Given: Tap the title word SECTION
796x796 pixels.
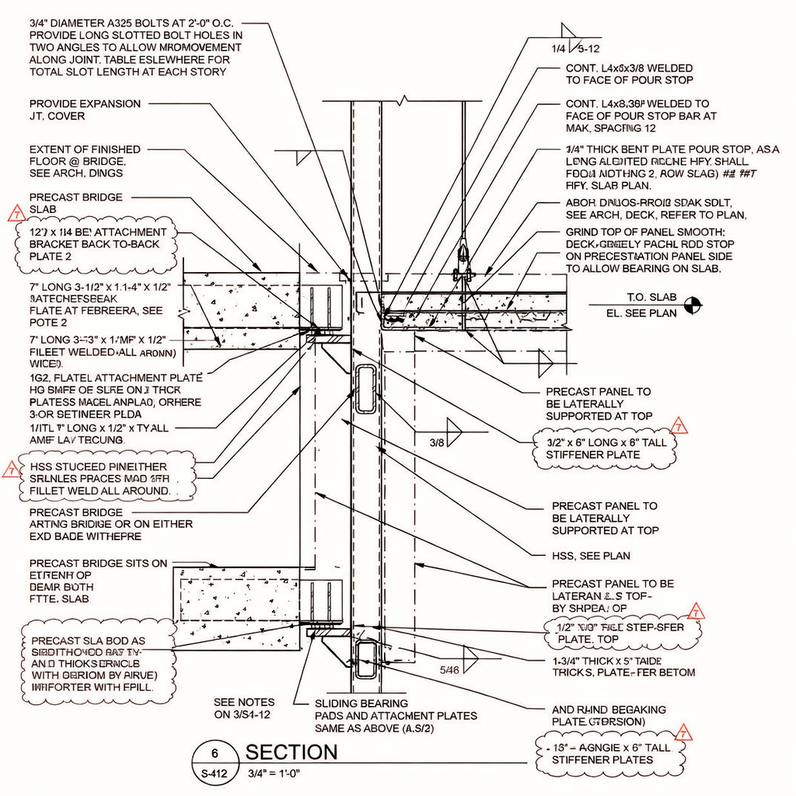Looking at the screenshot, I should pos(292,752).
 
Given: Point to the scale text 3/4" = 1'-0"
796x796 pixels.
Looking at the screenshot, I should pos(273,773).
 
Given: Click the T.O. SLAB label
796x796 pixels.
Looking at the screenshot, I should pos(651,298).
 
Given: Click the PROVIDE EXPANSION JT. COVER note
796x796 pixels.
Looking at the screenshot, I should pos(85,110).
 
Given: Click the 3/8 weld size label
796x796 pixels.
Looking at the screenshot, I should pos(438,442).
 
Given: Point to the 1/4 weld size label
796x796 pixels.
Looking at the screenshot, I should pos(559,49).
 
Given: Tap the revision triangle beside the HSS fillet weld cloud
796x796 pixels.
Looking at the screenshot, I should pos(11,469).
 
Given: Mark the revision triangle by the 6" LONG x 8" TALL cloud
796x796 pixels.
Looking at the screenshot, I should pos(679,426).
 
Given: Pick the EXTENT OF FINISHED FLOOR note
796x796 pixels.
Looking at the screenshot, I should pos(85,161).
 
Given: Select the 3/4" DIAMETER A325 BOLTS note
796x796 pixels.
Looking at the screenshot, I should pos(136,48).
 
